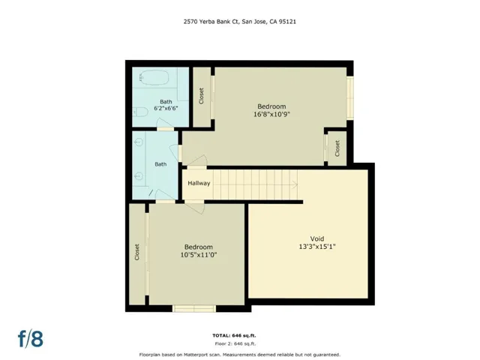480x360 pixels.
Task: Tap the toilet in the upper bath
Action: click(x=141, y=113)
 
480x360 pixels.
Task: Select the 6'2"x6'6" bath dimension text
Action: click(x=166, y=109)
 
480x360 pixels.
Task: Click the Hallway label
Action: click(x=199, y=183)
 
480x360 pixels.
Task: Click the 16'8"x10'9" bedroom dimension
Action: click(x=271, y=115)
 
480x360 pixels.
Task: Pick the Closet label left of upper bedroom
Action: click(x=201, y=97)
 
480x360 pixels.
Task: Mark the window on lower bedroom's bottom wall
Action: click(x=194, y=308)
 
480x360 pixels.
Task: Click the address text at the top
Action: click(x=239, y=22)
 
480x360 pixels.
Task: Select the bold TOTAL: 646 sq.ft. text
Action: click(x=240, y=334)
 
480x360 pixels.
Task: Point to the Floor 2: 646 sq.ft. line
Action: click(x=240, y=343)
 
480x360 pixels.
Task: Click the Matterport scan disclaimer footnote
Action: click(x=240, y=354)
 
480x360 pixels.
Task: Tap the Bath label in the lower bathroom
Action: click(x=160, y=164)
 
